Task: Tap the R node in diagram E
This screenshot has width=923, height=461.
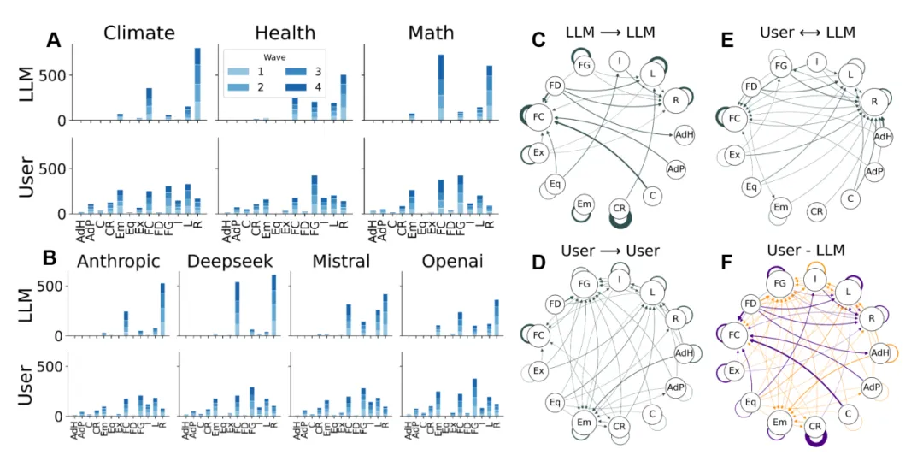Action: [873, 101]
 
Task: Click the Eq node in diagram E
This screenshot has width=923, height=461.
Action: [751, 185]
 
